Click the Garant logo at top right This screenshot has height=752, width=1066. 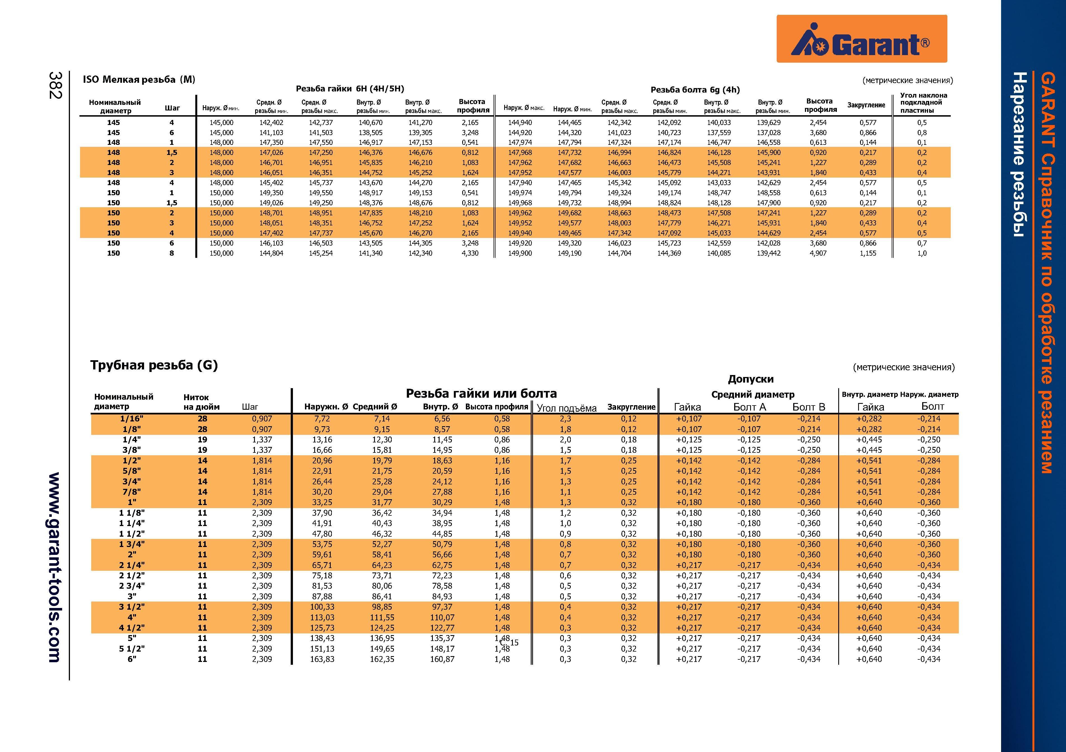click(862, 39)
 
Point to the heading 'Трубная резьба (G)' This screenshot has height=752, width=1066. click(154, 365)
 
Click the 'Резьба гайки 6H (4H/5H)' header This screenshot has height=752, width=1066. click(350, 89)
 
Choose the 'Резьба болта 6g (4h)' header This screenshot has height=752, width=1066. click(695, 89)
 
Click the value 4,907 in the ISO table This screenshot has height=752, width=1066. click(818, 253)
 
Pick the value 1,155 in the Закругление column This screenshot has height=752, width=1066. click(868, 253)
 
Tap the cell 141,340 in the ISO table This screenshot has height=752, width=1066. click(370, 253)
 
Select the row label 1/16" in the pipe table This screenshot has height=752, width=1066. click(132, 419)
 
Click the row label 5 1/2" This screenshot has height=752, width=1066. click(132, 649)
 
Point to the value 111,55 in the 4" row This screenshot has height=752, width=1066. click(382, 617)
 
